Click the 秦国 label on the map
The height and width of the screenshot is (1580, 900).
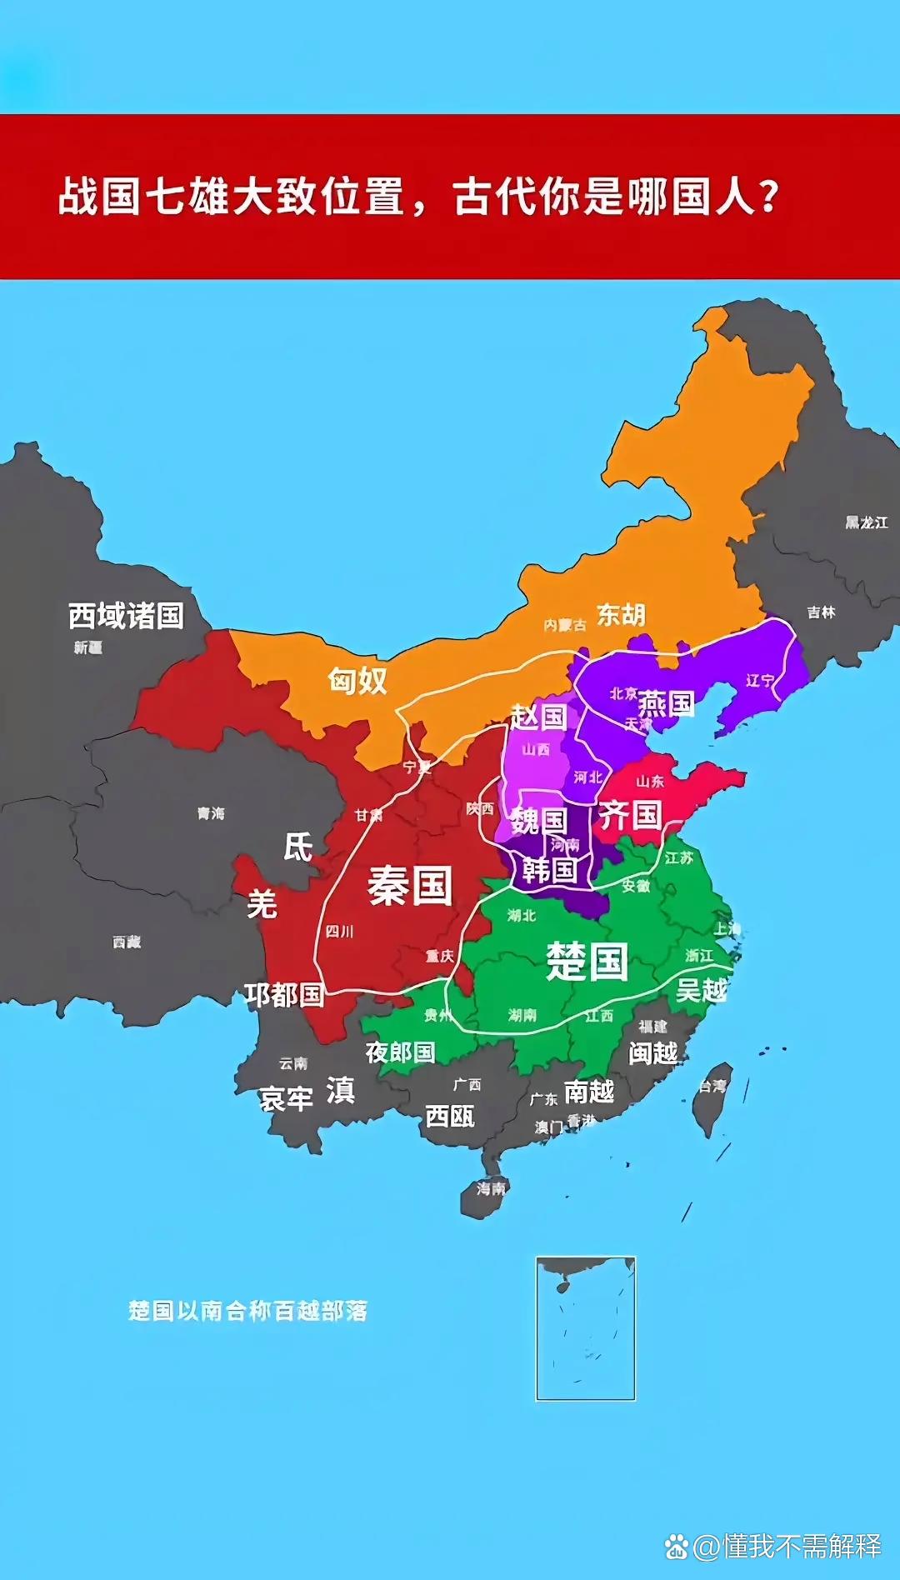click(410, 885)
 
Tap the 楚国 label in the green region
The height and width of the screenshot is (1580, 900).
click(587, 961)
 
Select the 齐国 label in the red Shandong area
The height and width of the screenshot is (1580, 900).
click(630, 814)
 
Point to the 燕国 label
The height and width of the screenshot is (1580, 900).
click(666, 704)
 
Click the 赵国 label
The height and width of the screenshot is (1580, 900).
click(538, 716)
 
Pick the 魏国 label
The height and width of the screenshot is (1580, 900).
click(538, 821)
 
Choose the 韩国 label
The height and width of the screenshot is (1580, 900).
click(550, 870)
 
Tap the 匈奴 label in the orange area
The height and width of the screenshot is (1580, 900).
click(357, 681)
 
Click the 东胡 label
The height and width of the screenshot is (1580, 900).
click(621, 615)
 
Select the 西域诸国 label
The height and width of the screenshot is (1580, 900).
click(126, 616)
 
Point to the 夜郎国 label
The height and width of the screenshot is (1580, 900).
click(400, 1052)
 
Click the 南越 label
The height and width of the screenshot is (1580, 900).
click(589, 1091)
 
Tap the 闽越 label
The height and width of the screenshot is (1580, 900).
click(653, 1053)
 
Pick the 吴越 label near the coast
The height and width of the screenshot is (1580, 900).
click(702, 991)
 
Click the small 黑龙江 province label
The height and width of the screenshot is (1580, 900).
click(867, 522)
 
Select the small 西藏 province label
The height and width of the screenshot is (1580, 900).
click(127, 942)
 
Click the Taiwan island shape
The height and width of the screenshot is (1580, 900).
click(715, 1098)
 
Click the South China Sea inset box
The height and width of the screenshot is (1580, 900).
click(585, 1328)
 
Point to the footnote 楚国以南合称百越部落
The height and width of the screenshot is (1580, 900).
click(247, 1311)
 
